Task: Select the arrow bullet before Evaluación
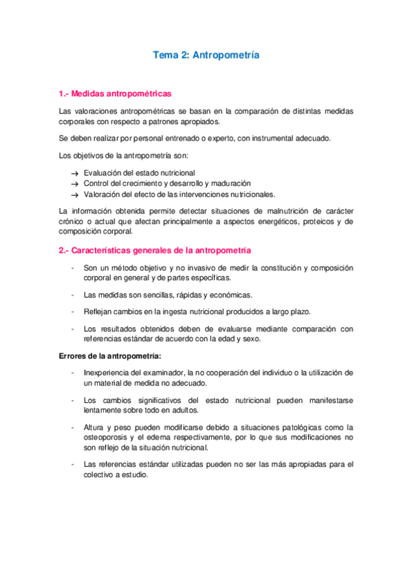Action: point(74,174)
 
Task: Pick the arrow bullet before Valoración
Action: point(74,195)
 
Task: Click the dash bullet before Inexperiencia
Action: point(74,373)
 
